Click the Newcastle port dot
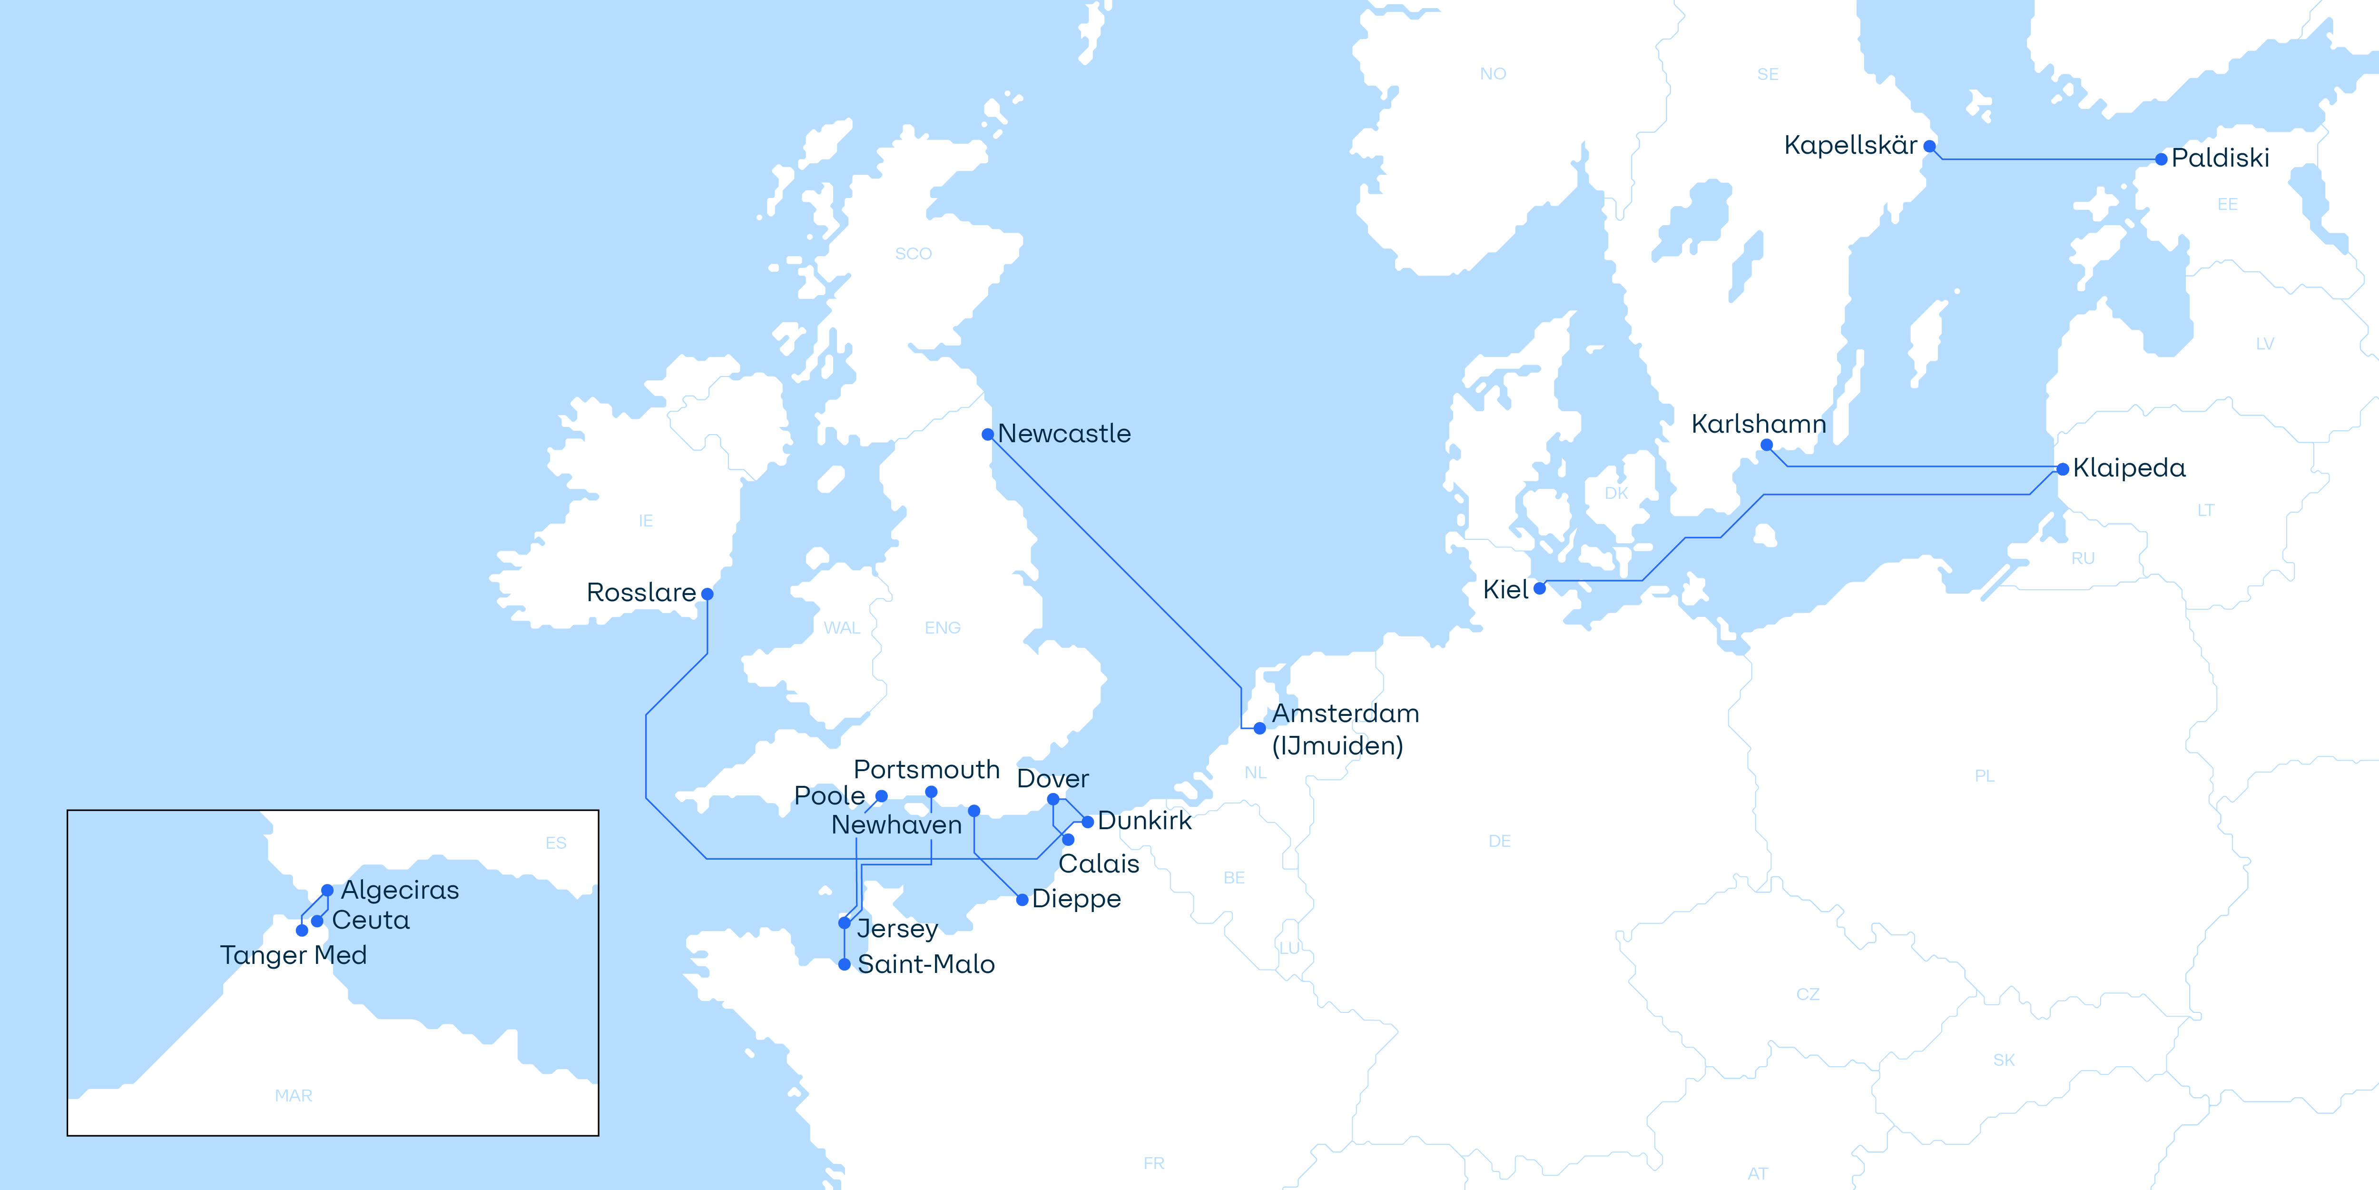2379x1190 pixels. [987, 434]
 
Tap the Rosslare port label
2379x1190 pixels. [641, 592]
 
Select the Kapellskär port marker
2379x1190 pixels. [1929, 146]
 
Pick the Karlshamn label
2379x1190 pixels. [1759, 424]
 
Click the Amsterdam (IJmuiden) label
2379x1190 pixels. [1345, 729]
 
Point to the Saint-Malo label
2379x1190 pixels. [925, 963]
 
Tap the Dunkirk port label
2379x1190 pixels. [1144, 821]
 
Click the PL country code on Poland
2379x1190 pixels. [1984, 776]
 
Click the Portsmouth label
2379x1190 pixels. [926, 770]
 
